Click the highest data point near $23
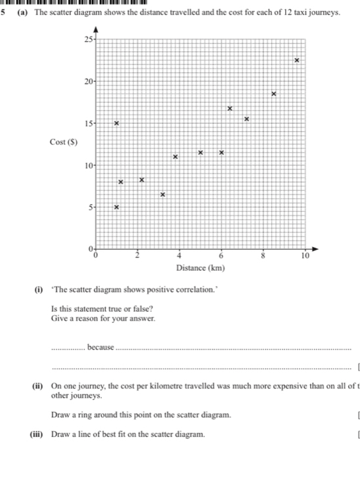click(297, 60)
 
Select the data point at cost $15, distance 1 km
click(117, 123)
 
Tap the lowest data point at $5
click(117, 207)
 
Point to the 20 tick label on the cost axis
click(89, 81)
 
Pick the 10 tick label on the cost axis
click(89, 165)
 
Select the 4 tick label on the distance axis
click(179, 256)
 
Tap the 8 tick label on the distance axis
click(263, 256)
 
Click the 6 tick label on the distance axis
click(221, 256)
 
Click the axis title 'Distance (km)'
click(200, 268)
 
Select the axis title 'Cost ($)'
click(63, 142)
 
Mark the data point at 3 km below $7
click(163, 195)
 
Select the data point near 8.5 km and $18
click(274, 94)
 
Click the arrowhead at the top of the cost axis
click(96, 30)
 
